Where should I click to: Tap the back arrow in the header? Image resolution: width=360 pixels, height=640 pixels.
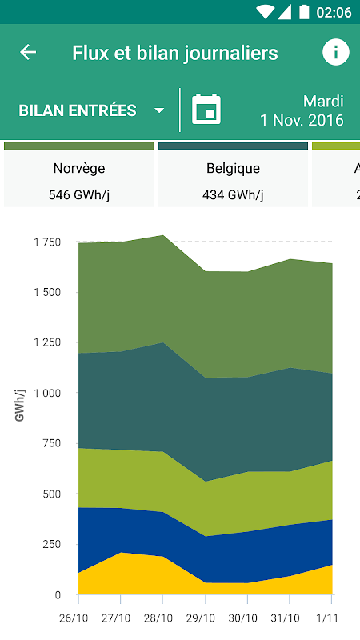click(x=28, y=52)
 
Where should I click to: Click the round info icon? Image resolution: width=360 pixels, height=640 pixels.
click(x=336, y=52)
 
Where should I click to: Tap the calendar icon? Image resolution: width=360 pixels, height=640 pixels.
click(x=206, y=109)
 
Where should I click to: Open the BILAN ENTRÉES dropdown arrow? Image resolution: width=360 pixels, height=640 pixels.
click(x=159, y=110)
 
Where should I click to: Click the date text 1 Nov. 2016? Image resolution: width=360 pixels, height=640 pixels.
click(x=302, y=121)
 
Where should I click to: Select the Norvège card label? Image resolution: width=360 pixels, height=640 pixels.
click(x=79, y=168)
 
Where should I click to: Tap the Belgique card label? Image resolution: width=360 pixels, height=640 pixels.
click(x=233, y=168)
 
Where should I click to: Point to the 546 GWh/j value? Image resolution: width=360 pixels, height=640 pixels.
click(x=79, y=195)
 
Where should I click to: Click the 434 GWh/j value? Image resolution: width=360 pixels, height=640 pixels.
click(x=233, y=195)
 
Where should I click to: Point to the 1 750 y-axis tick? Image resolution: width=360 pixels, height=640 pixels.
click(x=47, y=242)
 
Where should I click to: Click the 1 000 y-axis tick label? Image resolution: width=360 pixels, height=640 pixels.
click(x=47, y=393)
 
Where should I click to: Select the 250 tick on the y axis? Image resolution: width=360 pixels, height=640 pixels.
click(x=51, y=544)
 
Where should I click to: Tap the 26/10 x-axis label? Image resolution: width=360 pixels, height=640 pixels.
click(x=74, y=618)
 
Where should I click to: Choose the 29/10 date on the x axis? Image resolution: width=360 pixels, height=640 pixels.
click(x=200, y=618)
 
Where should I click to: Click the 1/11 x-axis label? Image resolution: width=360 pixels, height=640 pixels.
click(x=326, y=618)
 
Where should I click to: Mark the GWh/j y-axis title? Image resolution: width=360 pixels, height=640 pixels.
click(x=19, y=406)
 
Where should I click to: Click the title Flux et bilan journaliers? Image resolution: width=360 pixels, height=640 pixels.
click(x=175, y=53)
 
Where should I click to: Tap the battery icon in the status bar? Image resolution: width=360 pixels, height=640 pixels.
click(x=304, y=12)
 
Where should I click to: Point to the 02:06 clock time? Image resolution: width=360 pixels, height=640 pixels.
click(x=334, y=12)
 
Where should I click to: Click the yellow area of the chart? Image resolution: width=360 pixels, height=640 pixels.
click(x=122, y=575)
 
